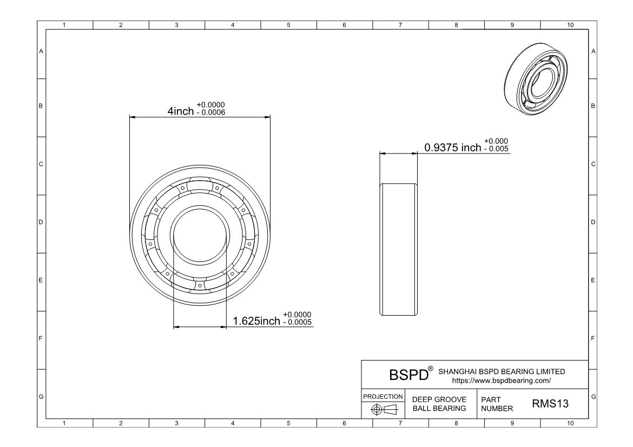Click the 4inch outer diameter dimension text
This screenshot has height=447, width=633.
[181, 111]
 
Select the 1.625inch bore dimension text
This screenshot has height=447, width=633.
[256, 321]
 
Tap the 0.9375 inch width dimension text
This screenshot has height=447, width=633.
[452, 148]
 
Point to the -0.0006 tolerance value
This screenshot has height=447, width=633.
[211, 112]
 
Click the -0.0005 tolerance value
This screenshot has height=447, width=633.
[298, 322]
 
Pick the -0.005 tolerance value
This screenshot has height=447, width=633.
[497, 149]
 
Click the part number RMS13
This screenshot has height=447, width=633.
[550, 403]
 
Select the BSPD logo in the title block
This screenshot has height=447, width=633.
[408, 375]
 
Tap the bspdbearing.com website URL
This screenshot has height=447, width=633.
[502, 381]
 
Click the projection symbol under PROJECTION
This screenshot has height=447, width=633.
[384, 410]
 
